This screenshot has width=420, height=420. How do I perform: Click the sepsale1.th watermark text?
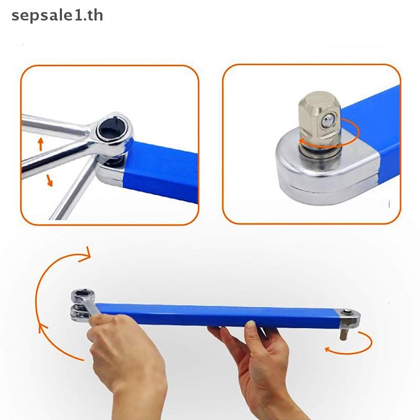pos(57,16)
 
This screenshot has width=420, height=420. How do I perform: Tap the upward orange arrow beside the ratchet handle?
pos(41,144)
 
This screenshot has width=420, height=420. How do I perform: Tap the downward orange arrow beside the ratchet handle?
pos(49,180)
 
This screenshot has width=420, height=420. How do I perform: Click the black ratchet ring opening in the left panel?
pos(111,130)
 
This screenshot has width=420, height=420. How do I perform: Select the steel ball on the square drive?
pos(327,122)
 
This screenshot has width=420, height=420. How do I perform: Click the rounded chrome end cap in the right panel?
pos(327,173)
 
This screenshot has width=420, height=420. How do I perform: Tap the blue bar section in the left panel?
pos(161,172)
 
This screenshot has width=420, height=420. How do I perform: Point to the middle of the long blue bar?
pos(216,315)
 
